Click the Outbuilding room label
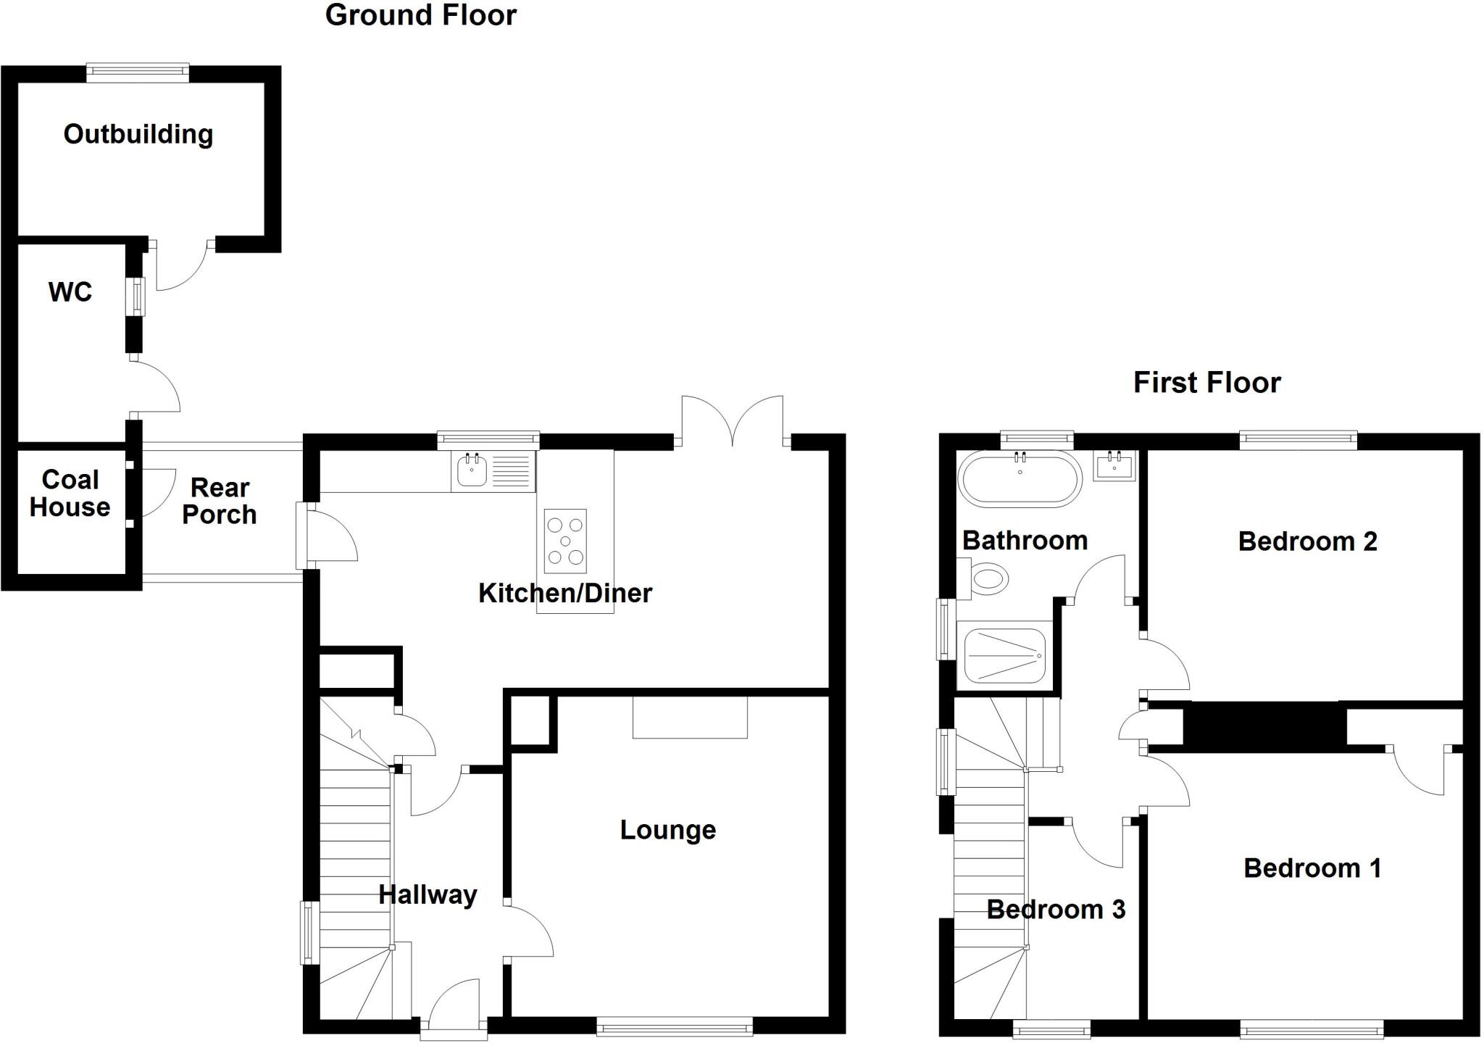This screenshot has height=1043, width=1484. (138, 134)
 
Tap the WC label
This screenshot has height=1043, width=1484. (70, 292)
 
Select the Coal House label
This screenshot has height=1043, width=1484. (70, 494)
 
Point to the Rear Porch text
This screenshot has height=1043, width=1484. (220, 501)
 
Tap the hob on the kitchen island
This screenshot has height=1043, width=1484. (565, 541)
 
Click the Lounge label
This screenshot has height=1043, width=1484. (667, 830)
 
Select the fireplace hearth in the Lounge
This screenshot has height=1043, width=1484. (690, 718)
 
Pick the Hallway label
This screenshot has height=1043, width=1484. (428, 895)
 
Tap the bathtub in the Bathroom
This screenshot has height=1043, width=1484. (1020, 478)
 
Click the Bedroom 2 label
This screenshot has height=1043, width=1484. (1307, 541)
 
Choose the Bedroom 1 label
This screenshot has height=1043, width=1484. (1312, 868)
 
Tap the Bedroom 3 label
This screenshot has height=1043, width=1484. (1056, 910)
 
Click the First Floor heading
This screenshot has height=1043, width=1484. (1206, 383)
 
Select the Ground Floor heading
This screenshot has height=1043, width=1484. (420, 15)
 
